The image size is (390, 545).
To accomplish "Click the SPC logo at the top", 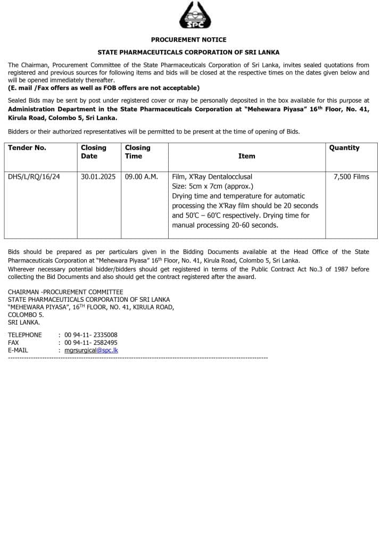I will (195, 15).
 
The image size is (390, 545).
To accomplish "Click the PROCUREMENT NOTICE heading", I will (188, 40).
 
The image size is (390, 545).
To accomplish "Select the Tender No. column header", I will (27, 148).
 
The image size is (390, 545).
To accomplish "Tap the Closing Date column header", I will (94, 152).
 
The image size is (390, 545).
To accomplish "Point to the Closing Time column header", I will (138, 152).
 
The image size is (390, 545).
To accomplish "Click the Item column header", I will (246, 156).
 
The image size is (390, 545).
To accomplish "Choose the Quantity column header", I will (344, 148).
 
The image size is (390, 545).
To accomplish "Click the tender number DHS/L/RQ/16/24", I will (34, 177).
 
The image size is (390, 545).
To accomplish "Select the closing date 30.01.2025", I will (98, 177).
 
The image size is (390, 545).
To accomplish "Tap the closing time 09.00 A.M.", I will (142, 177).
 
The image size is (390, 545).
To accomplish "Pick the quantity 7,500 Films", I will (351, 177).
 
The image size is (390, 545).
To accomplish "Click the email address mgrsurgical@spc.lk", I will (91, 351).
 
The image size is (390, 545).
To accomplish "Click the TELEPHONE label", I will (24, 335).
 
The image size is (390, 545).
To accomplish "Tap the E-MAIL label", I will (18, 351).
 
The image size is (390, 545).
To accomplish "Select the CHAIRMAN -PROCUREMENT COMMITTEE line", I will (65, 292).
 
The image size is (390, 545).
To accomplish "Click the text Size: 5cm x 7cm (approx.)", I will (213, 186).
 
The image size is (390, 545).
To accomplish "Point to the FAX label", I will (13, 343).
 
